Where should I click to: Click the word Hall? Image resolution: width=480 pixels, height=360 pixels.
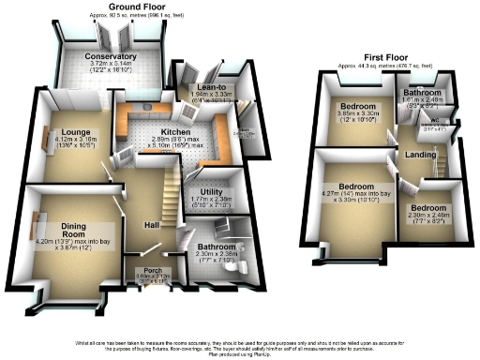tap(152, 226)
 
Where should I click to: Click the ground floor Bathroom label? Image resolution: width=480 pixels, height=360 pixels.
tap(209, 244)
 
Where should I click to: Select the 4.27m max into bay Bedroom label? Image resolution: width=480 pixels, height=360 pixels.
tap(352, 186)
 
